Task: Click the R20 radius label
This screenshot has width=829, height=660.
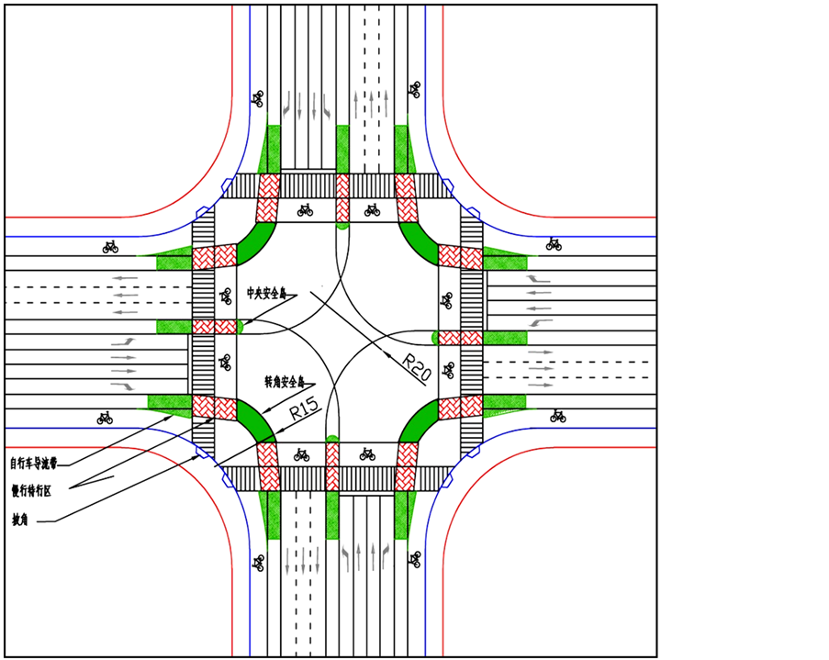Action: pyautogui.click(x=417, y=366)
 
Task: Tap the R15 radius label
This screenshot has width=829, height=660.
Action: pyautogui.click(x=304, y=408)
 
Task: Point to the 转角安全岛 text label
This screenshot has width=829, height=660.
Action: pyautogui.click(x=285, y=379)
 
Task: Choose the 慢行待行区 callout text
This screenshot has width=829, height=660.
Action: pyautogui.click(x=31, y=491)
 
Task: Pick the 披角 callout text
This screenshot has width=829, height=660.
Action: pyautogui.click(x=19, y=520)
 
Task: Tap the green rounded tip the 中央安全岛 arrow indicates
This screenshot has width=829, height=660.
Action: pyautogui.click(x=241, y=326)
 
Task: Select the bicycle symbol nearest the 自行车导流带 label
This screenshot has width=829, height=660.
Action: pyautogui.click(x=105, y=418)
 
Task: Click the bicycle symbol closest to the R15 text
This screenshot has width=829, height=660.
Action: pyautogui.click(x=300, y=453)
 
